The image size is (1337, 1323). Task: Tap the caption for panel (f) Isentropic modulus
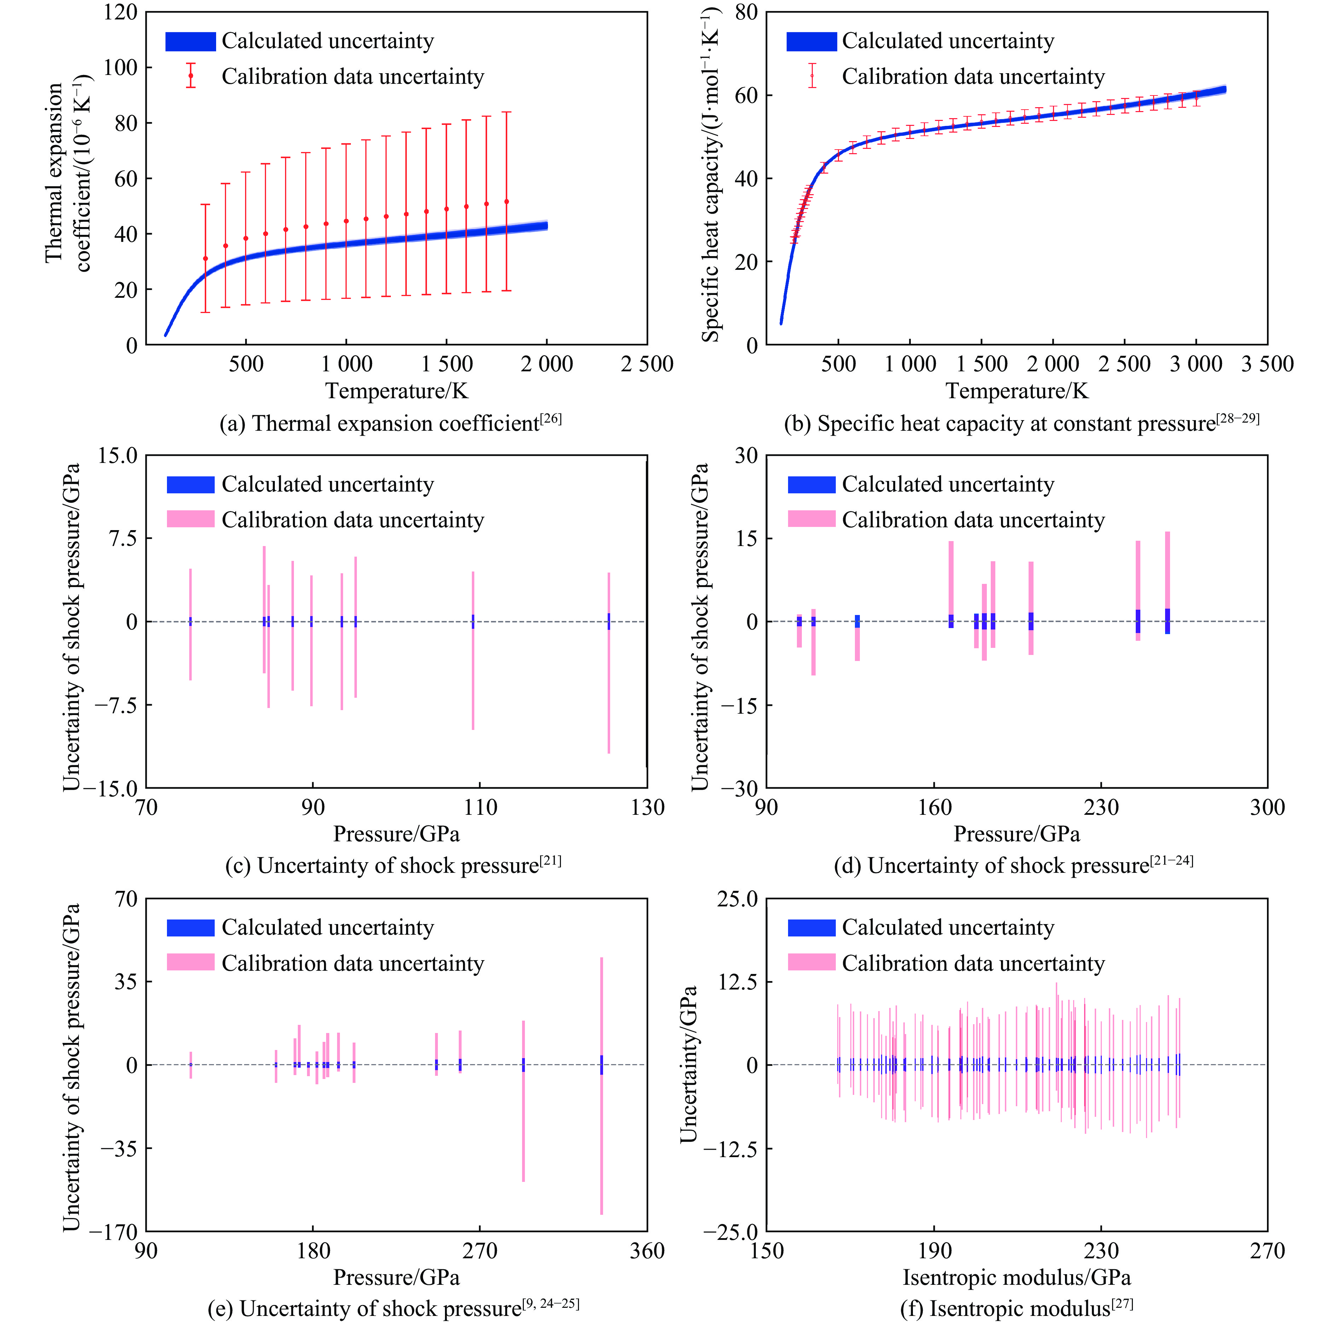click(1016, 1309)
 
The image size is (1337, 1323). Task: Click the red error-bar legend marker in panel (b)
click(812, 76)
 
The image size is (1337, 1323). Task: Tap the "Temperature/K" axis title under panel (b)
click(1017, 391)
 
